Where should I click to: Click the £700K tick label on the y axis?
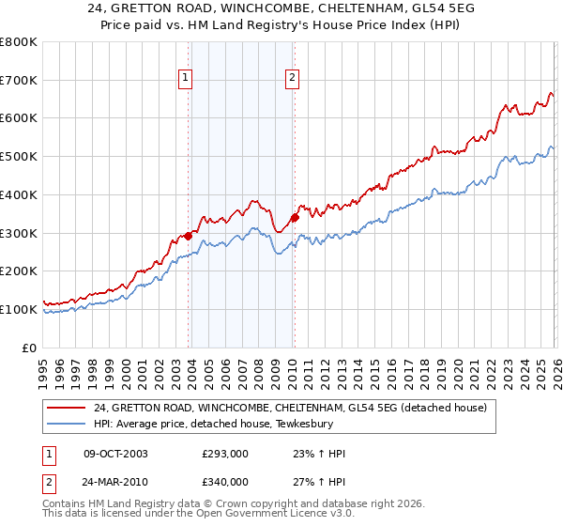[x=19, y=80]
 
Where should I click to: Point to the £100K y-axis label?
[x=19, y=309]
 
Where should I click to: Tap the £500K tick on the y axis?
[x=19, y=156]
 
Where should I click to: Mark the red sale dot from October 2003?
[x=189, y=236]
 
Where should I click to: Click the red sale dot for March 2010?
[x=295, y=218]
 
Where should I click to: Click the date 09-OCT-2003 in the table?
[x=115, y=454]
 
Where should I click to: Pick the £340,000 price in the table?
[x=225, y=482]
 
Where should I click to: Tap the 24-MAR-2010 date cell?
[x=115, y=482]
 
